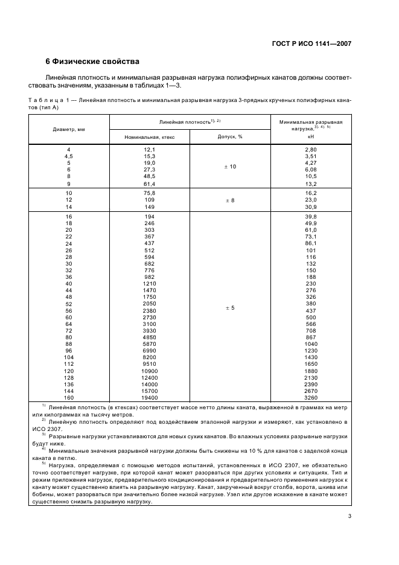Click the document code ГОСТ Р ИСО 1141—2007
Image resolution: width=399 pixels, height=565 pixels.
(x=313, y=43)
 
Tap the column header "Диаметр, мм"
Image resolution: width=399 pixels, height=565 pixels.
(x=68, y=129)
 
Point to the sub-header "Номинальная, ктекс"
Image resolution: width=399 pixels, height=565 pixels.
(x=149, y=137)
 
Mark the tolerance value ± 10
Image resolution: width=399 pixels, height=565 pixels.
(x=229, y=166)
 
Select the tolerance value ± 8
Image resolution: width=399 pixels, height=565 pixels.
(x=229, y=200)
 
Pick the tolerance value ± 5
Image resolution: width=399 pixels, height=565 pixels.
(x=229, y=308)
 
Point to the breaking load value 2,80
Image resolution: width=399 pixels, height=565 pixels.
(x=311, y=149)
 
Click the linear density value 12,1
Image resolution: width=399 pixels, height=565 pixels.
(x=149, y=149)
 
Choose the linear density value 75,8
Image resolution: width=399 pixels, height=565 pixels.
(x=149, y=193)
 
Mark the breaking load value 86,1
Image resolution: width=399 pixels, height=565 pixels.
(x=311, y=243)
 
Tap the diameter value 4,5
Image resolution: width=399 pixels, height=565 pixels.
(x=68, y=156)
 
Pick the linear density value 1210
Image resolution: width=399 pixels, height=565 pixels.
(x=149, y=284)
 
